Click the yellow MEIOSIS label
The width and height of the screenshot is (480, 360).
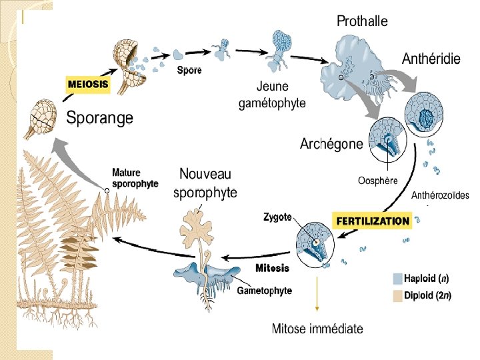[87, 85]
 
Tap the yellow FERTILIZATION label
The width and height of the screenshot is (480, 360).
[372, 221]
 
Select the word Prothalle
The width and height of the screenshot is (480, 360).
[362, 21]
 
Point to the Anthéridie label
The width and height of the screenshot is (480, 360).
[431, 59]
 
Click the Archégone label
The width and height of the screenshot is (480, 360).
[331, 143]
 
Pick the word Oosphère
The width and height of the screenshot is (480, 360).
[377, 180]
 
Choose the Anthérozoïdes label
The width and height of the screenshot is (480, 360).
[439, 195]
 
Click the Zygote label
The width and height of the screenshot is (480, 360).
[277, 217]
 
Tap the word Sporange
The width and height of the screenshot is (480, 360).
[99, 118]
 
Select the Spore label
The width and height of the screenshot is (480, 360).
[189, 69]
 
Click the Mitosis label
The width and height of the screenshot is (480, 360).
[272, 268]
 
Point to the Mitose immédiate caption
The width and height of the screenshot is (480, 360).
[317, 328]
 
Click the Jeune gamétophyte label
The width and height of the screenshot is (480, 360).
[272, 95]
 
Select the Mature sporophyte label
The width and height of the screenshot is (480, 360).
[135, 177]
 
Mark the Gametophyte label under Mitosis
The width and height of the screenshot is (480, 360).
[265, 291]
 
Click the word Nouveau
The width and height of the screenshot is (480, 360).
[205, 174]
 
